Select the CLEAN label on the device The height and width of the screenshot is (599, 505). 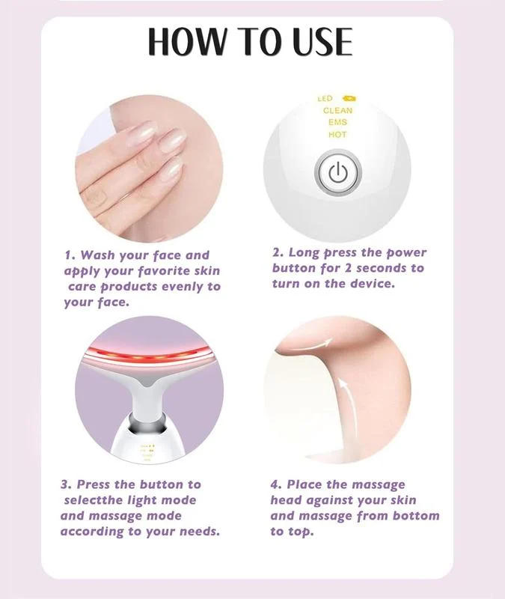(x=337, y=110)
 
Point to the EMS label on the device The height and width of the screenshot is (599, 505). (x=337, y=122)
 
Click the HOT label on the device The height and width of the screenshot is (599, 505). (x=337, y=135)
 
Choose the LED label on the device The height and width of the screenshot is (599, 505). (x=325, y=98)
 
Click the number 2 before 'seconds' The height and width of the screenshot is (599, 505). (x=355, y=268)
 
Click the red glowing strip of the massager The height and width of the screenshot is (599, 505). (x=150, y=353)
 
